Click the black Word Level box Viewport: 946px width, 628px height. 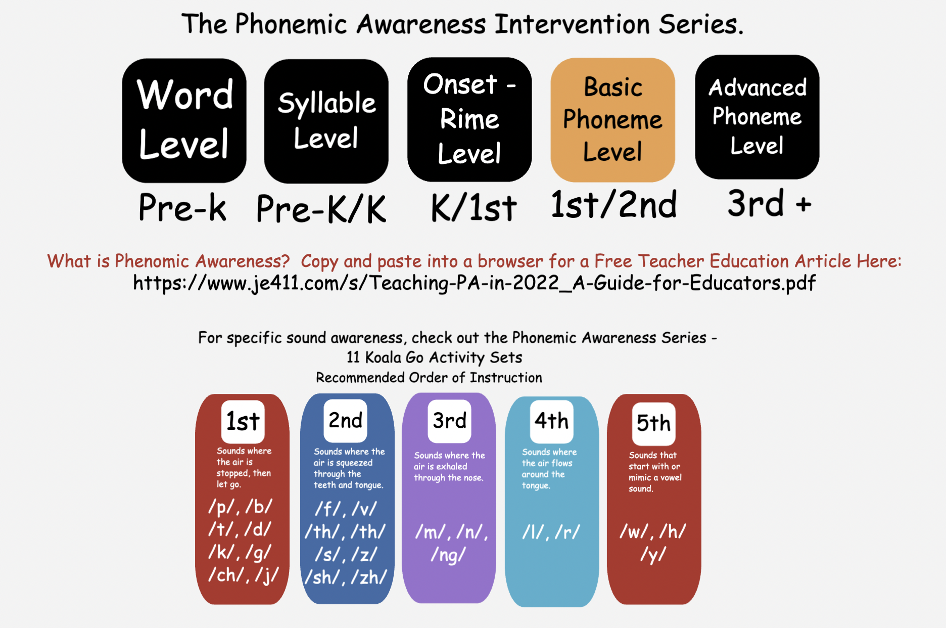coord(184,120)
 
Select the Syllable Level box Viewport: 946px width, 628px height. coord(326,121)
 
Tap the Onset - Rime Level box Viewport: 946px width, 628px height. coord(469,119)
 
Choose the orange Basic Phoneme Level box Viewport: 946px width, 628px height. coord(612,120)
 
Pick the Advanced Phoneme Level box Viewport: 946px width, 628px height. coord(757,117)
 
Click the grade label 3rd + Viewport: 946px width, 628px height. coord(769,203)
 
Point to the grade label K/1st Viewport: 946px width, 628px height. coord(474,208)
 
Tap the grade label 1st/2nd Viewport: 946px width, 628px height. coord(613,204)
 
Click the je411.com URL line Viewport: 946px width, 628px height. coord(474,283)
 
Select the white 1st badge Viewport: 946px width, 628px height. coord(243,422)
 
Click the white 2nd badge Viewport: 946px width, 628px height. coord(345,421)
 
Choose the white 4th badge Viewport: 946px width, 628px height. coord(551,421)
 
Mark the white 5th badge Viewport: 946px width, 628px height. coord(653,424)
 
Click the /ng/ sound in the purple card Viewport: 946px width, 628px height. coord(448,555)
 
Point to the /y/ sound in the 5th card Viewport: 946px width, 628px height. coord(653,555)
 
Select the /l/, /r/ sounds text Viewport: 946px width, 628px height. coord(551,532)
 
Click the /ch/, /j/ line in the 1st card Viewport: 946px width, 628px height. coord(243,575)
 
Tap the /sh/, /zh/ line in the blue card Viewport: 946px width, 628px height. coord(346,577)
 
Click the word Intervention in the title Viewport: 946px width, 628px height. coord(572,24)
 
